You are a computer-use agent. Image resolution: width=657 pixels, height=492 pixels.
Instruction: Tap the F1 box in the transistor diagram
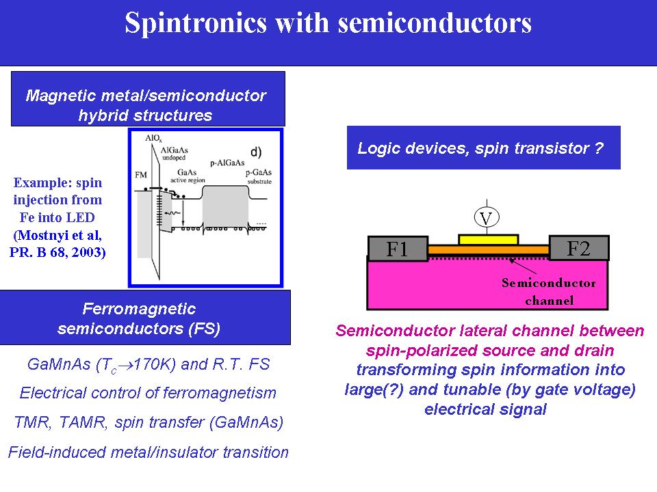[398, 249]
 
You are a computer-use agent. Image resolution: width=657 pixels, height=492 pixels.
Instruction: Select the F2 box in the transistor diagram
[578, 248]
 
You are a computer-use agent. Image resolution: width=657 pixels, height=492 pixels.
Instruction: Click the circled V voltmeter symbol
[487, 218]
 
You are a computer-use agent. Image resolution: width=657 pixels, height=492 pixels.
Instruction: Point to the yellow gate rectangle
[488, 238]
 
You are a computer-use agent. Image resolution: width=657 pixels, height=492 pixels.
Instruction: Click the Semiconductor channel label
[549, 291]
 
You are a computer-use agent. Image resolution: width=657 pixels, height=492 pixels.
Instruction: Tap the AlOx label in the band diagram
[154, 139]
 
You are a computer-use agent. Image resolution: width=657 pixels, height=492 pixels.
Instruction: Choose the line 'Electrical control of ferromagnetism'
[148, 393]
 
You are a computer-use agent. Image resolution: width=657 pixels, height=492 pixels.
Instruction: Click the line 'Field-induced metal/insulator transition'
[148, 452]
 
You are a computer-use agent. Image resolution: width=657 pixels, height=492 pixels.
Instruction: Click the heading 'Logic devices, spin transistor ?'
[480, 148]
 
